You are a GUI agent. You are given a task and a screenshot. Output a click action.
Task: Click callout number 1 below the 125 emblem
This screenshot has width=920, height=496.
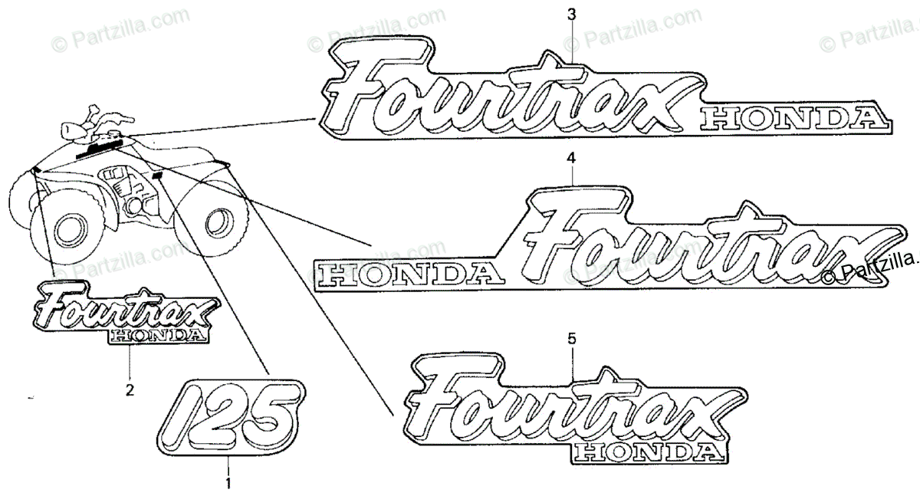[x=226, y=483]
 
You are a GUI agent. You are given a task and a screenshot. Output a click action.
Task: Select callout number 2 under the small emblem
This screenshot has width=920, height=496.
[x=129, y=389]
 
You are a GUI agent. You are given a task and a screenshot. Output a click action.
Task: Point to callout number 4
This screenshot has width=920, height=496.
[x=570, y=158]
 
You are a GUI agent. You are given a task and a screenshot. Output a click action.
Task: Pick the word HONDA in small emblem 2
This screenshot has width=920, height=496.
[x=157, y=334]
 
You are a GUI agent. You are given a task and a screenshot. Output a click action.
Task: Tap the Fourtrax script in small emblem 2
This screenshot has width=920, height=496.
[x=123, y=307]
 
